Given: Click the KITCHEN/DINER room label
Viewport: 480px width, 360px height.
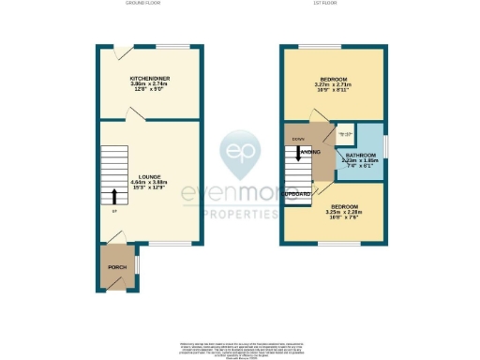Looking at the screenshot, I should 150,78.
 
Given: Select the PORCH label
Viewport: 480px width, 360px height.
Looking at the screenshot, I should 117,267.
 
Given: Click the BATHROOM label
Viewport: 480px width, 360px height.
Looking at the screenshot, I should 360,155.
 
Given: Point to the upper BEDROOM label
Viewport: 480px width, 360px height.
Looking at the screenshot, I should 333,79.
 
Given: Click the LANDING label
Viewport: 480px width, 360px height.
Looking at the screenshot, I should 310,151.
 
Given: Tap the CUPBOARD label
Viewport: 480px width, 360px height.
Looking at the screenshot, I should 299,194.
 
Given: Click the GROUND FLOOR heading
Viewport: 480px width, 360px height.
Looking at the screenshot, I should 143,4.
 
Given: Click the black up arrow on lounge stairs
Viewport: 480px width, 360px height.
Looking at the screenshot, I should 114,195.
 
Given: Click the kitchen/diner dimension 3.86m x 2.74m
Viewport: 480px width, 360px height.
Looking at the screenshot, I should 150,84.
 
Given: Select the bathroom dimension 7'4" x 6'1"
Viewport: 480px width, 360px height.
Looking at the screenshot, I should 360,167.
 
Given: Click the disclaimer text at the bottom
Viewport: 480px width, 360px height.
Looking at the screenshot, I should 240,348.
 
